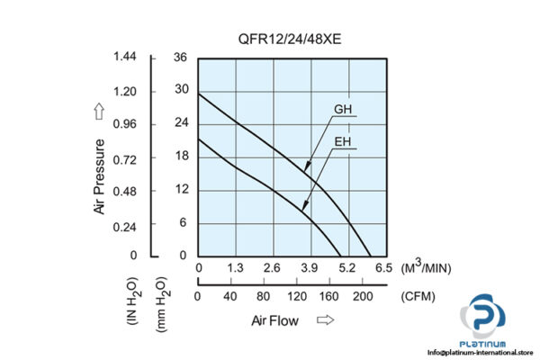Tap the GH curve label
click(344, 111)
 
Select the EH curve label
click(344, 141)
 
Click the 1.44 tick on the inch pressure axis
click(124, 58)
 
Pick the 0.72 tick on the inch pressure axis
click(124, 157)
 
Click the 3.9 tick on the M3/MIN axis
click(309, 268)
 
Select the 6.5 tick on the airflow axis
click(382, 268)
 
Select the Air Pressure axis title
click(99, 175)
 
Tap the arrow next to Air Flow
click(326, 319)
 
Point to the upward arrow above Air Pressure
click(99, 112)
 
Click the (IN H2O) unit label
click(131, 301)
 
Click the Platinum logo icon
click(488, 319)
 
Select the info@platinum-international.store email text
click(478, 351)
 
